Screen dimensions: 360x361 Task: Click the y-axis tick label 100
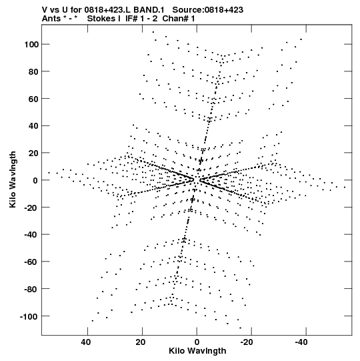31,44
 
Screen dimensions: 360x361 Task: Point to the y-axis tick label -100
29,316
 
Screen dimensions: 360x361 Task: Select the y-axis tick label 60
33,99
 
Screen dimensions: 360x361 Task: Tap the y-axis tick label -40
31,235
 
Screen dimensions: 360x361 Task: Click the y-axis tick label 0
35,180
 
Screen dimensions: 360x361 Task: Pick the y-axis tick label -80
31,289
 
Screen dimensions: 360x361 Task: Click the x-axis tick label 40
85,342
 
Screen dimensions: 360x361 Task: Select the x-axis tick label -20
247,342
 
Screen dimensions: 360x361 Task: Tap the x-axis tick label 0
197,342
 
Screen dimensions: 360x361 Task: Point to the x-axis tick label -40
301,342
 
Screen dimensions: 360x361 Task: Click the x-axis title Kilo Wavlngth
197,351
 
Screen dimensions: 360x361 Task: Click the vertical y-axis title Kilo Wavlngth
13,179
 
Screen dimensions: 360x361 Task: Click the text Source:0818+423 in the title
208,10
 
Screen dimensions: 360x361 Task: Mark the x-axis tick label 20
140,342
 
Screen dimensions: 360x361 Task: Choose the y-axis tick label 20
33,153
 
